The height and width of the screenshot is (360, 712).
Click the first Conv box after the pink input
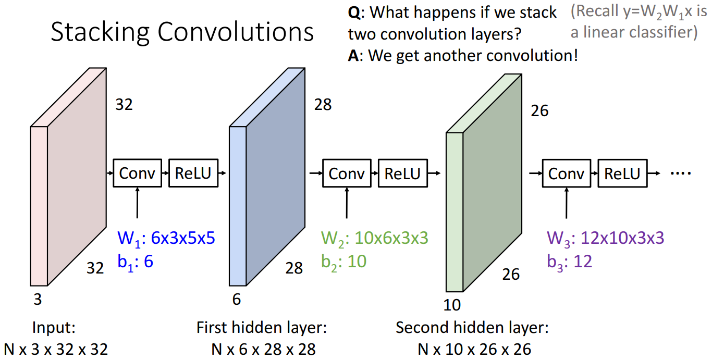(x=137, y=173)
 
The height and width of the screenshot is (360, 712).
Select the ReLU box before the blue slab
(x=193, y=173)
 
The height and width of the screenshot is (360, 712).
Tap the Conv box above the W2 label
(x=347, y=173)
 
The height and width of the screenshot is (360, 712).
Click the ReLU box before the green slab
(x=402, y=173)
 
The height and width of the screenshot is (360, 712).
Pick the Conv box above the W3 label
(x=566, y=173)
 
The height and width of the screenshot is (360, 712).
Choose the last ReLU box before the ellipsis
(x=622, y=173)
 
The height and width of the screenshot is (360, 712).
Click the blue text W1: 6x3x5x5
(x=166, y=239)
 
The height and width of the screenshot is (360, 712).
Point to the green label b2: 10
(x=343, y=261)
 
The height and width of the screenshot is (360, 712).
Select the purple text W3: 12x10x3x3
(x=605, y=239)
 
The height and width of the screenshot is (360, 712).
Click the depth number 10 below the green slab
(x=452, y=304)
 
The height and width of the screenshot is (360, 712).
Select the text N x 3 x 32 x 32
(x=56, y=349)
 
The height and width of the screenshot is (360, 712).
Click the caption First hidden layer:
(x=261, y=328)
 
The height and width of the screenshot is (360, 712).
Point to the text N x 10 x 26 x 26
(x=474, y=349)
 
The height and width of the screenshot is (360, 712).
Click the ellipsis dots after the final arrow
(x=680, y=173)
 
